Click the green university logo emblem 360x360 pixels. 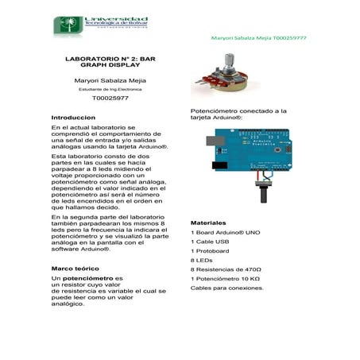(64, 25)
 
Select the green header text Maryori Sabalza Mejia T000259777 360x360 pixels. (259, 37)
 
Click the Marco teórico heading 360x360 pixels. (75, 269)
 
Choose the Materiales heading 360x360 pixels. (208, 223)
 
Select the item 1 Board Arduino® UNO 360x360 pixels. (226, 232)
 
